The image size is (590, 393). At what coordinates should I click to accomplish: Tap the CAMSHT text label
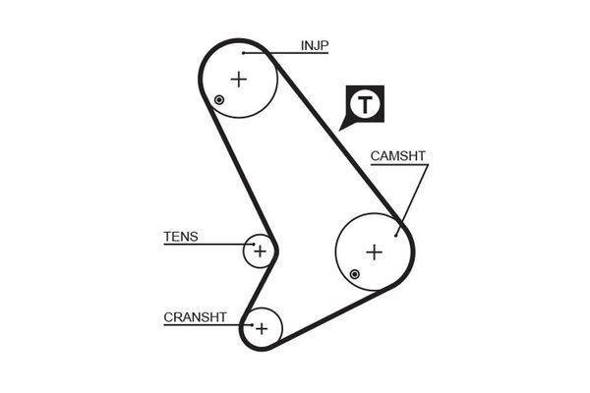397,156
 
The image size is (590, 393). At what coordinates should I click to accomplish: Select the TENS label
180,236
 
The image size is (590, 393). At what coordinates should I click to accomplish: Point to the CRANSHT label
195,316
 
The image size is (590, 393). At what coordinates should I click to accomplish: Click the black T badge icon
365,104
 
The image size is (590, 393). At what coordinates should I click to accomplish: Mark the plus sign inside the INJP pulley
239,79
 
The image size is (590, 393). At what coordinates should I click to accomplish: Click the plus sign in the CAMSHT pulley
374,252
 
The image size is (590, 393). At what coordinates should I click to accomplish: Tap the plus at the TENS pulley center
260,252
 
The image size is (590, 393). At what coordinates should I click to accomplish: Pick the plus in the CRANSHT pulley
262,328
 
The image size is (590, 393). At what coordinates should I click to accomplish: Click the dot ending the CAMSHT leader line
396,233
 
